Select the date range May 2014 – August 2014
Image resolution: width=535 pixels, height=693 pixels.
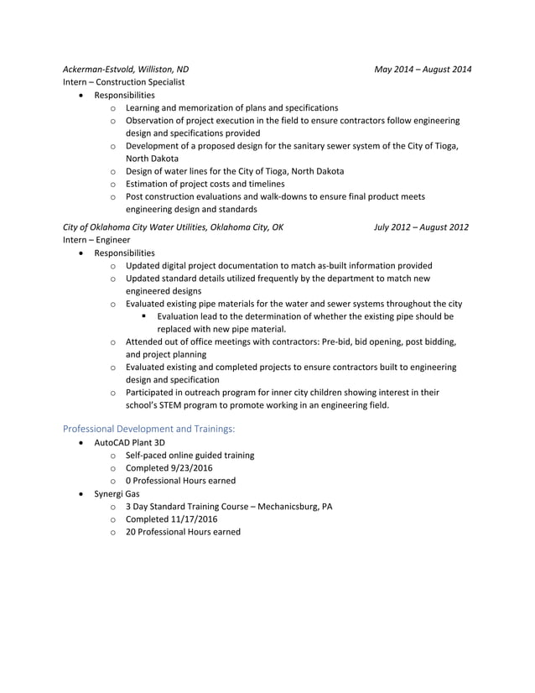(423, 69)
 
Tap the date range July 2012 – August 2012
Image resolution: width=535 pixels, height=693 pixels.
(422, 227)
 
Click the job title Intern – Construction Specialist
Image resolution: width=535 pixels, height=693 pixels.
(123, 82)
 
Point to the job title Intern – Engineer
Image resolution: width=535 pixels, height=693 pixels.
(96, 240)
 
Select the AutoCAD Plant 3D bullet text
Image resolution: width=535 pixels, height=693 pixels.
(132, 442)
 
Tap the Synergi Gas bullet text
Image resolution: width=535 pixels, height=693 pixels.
(117, 494)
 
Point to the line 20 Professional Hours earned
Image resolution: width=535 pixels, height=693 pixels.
(183, 532)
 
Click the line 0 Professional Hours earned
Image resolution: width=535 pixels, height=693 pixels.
(180, 481)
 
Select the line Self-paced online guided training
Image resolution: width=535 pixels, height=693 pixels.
(190, 456)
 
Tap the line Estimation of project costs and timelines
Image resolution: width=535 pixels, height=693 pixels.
(205, 184)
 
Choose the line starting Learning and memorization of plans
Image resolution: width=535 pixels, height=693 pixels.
(231, 108)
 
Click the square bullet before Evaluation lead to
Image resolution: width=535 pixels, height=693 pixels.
(145, 317)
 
